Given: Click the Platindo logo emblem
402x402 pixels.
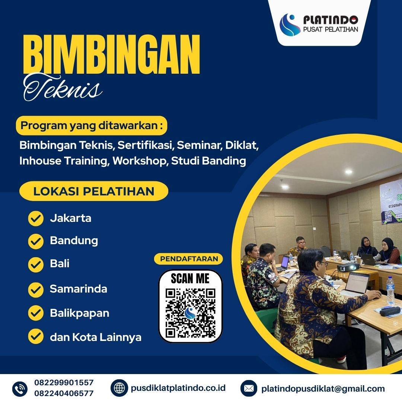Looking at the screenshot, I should coord(290,24).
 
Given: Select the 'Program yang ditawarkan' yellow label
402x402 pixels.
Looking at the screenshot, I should coord(92,126).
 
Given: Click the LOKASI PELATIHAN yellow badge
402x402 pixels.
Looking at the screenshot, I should coord(94,191).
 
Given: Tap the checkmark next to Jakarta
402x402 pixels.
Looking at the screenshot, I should coord(36,218).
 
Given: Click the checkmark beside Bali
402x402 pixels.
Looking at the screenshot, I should coord(36,264).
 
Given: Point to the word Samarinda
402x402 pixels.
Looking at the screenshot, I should coord(79,289).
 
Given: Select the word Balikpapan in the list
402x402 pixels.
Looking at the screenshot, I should coord(80,313).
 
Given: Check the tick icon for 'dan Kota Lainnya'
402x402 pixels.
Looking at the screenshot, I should coord(36,337).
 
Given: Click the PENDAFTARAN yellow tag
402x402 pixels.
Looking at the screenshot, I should coord(188,259).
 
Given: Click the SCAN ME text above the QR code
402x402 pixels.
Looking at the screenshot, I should coord(190,278).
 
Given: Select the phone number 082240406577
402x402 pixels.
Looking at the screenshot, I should coord(64,393).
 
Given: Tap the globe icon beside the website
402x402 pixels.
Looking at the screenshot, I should coord(119,388).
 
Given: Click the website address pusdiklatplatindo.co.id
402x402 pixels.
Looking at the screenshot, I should coord(178,388).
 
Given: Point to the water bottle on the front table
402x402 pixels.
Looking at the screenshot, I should coord(390,290).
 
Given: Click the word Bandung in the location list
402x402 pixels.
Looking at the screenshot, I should coord(74,240).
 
